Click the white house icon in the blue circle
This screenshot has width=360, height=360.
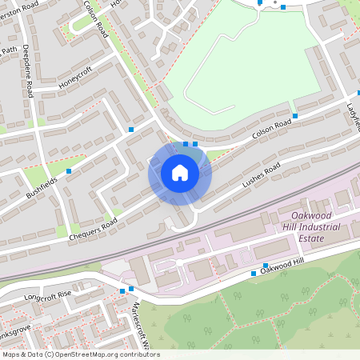pos(180,173)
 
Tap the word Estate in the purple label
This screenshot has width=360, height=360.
pos(310,238)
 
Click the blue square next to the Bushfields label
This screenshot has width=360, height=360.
pos(69,171)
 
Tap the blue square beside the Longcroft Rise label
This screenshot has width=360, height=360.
pos(122,290)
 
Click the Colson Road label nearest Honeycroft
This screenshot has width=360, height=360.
pos(95,18)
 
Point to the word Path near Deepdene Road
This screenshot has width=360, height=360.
pos(9,50)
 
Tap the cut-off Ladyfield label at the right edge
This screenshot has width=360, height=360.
pos(353,116)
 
